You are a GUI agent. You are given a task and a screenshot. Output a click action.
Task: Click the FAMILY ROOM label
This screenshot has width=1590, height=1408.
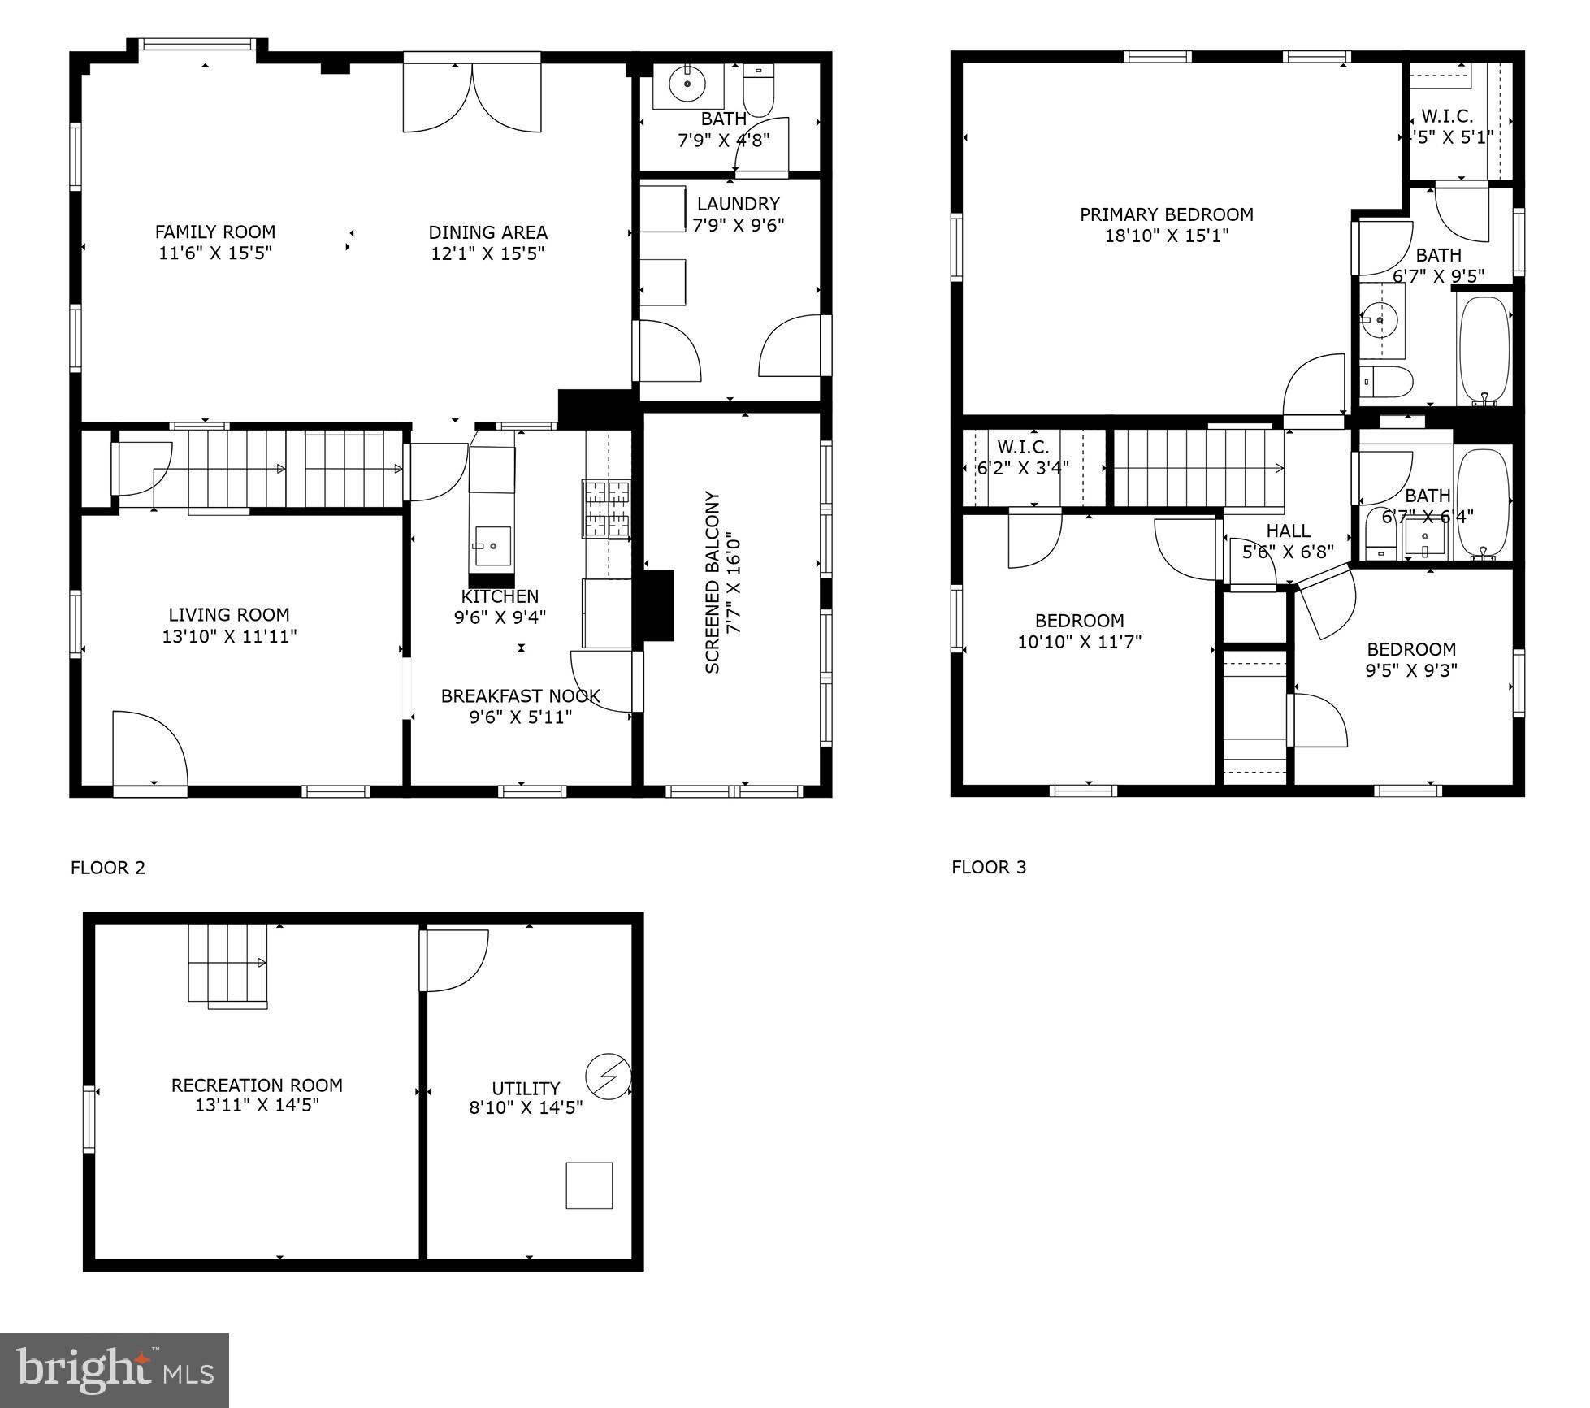[215, 232]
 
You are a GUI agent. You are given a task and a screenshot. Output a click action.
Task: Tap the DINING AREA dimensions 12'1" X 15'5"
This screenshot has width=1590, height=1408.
[487, 253]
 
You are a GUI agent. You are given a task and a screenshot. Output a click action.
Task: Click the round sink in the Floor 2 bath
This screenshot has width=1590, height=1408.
[687, 84]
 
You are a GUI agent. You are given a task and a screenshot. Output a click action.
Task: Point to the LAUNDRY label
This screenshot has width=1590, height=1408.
[738, 204]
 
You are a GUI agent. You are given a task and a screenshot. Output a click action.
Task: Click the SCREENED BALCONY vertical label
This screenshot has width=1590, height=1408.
[713, 582]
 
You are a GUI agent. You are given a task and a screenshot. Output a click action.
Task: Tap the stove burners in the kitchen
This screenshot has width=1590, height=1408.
[606, 509]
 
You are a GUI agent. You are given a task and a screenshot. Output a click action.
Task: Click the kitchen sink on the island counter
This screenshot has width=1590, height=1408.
[492, 546]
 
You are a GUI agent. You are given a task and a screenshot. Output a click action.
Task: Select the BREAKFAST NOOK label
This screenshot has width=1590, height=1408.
[520, 696]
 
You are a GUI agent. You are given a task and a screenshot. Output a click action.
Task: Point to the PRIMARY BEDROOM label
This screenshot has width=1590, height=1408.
[1166, 214]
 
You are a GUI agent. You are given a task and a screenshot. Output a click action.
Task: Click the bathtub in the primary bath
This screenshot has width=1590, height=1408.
[1484, 349]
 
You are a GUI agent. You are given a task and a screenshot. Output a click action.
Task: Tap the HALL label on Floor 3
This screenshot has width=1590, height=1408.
[1288, 531]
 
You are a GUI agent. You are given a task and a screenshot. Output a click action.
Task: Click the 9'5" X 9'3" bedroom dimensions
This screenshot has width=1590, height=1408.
[1411, 670]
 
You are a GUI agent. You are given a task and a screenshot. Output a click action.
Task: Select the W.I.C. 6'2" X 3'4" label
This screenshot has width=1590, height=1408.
[1023, 457]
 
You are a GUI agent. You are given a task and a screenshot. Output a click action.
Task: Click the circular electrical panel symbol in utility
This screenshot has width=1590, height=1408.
[609, 1077]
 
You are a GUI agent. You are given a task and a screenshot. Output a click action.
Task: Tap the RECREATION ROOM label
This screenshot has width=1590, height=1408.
[257, 1085]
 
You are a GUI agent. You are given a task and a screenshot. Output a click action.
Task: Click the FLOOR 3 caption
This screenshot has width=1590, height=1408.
[989, 868]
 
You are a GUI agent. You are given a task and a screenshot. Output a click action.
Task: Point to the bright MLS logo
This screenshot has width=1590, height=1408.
[115, 1369]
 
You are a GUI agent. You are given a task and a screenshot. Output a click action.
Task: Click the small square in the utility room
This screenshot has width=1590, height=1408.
[589, 1185]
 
